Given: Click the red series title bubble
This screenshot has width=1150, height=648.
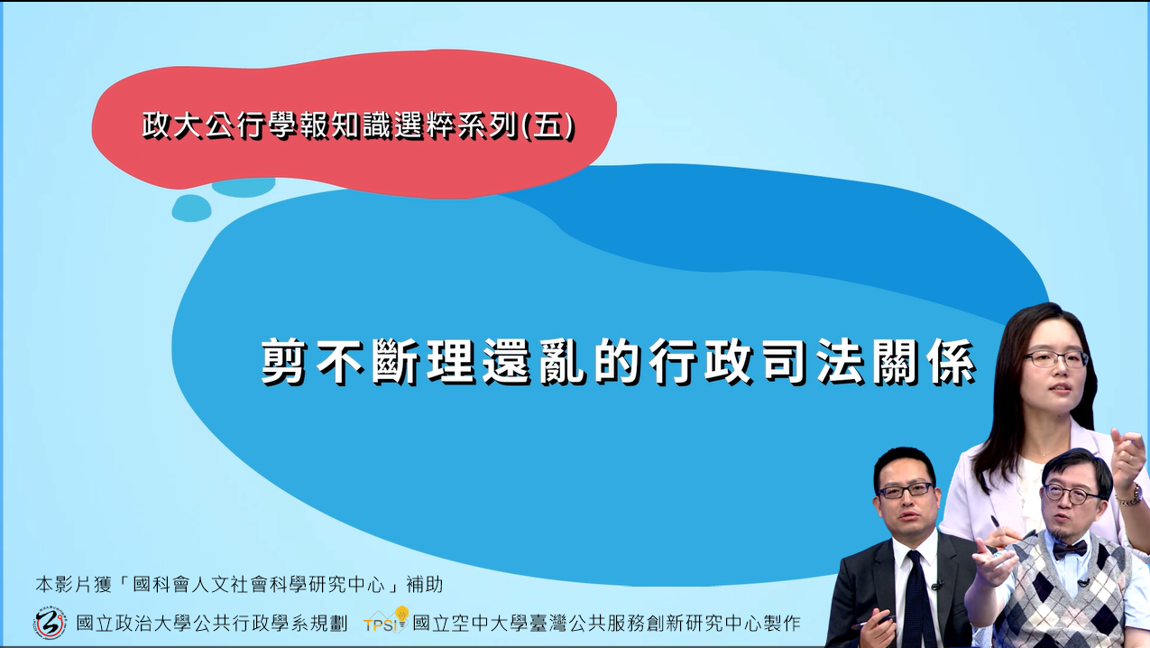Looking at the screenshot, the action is [354, 124].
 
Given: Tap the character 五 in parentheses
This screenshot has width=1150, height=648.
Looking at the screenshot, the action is [547, 125].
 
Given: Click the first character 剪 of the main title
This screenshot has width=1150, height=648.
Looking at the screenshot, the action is [284, 361].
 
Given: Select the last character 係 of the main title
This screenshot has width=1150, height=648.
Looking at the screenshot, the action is [951, 361].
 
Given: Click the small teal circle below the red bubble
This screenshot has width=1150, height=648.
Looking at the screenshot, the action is [191, 208].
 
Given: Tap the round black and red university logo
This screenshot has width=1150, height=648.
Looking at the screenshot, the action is [51, 623].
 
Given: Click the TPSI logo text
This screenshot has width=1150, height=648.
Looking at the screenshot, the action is [381, 625].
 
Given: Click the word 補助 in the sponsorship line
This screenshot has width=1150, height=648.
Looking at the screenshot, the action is [424, 584].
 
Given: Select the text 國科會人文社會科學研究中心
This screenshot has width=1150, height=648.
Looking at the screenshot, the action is [259, 584].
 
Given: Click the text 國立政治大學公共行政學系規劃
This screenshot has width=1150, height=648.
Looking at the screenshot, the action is [212, 624].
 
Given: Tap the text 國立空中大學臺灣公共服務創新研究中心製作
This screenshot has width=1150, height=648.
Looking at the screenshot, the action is [606, 624].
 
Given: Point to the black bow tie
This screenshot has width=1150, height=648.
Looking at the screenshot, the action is [1070, 550].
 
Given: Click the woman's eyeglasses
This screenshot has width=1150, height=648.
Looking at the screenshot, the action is [1056, 358].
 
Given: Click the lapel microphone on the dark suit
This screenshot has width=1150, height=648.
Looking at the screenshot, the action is [936, 586].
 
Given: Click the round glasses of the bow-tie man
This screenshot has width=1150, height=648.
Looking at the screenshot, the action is [1071, 495].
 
